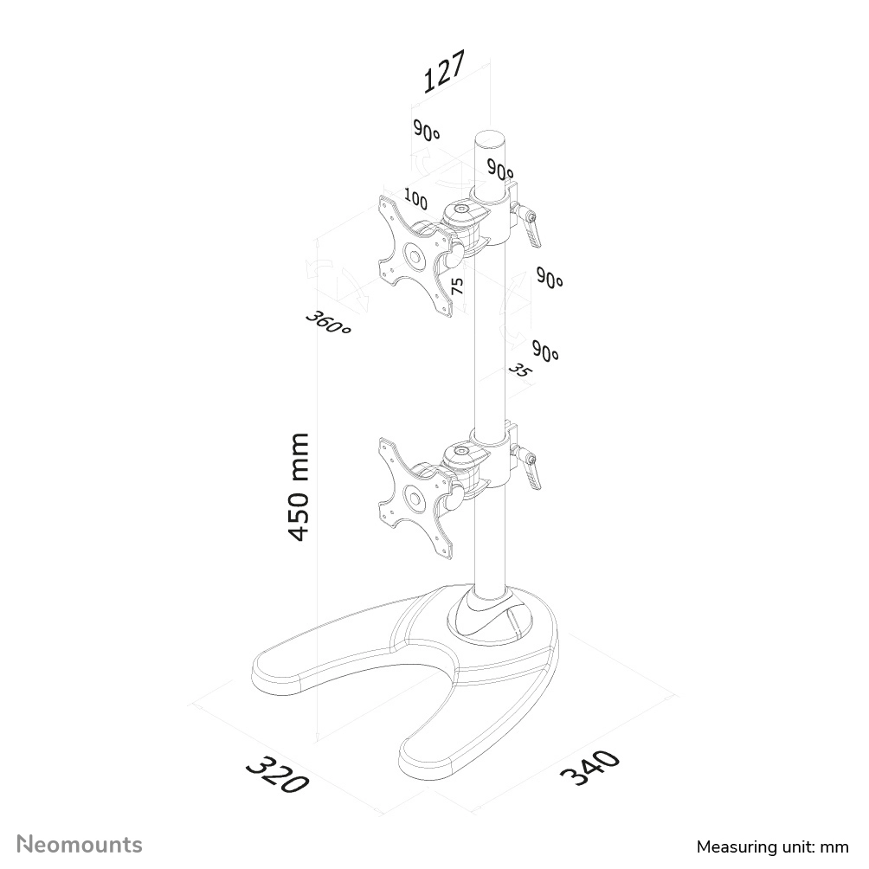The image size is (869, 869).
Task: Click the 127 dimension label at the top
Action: pyautogui.click(x=445, y=72)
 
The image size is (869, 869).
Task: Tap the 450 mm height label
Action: pyautogui.click(x=298, y=487)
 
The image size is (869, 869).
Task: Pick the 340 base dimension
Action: pyautogui.click(x=589, y=768)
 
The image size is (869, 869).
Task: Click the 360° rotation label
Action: pyautogui.click(x=328, y=323)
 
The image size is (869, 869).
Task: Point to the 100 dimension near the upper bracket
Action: pyautogui.click(x=415, y=199)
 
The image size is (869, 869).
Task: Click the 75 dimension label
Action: pyautogui.click(x=457, y=286)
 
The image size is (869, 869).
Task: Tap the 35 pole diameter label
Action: pyautogui.click(x=518, y=370)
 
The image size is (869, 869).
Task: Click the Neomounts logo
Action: pyautogui.click(x=80, y=845)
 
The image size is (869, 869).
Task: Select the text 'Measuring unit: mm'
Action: pyautogui.click(x=773, y=846)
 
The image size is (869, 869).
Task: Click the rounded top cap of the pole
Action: pyautogui.click(x=491, y=139)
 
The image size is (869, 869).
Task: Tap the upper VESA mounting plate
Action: pyautogui.click(x=415, y=256)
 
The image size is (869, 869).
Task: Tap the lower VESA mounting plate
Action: pyautogui.click(x=415, y=498)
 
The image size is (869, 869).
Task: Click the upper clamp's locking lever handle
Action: pyautogui.click(x=532, y=234)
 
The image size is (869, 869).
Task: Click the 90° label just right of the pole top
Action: pyautogui.click(x=500, y=169)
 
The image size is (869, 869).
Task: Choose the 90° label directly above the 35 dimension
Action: pyautogui.click(x=545, y=351)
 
